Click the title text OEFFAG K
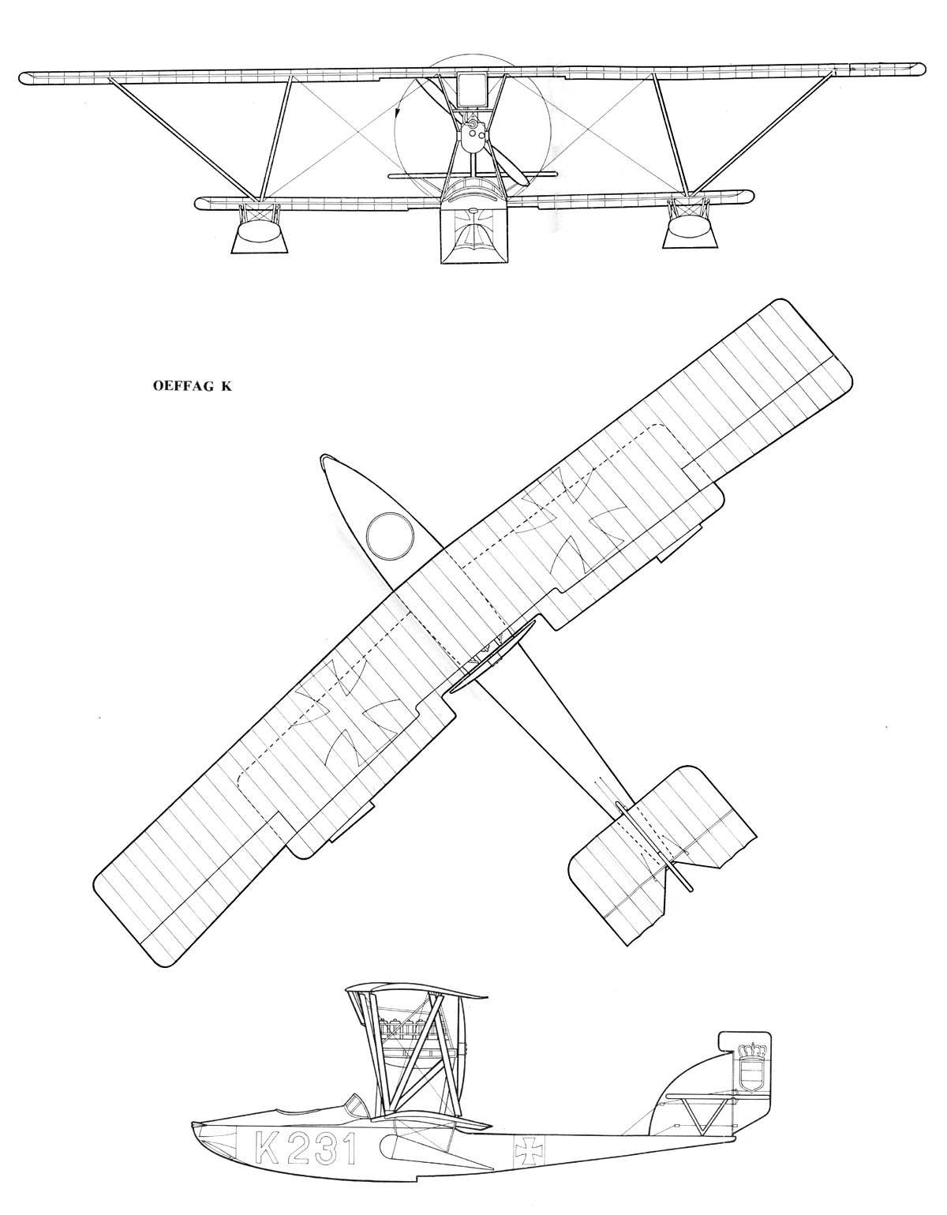[x=193, y=386]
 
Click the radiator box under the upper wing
[x=473, y=90]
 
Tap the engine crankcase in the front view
[x=474, y=137]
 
